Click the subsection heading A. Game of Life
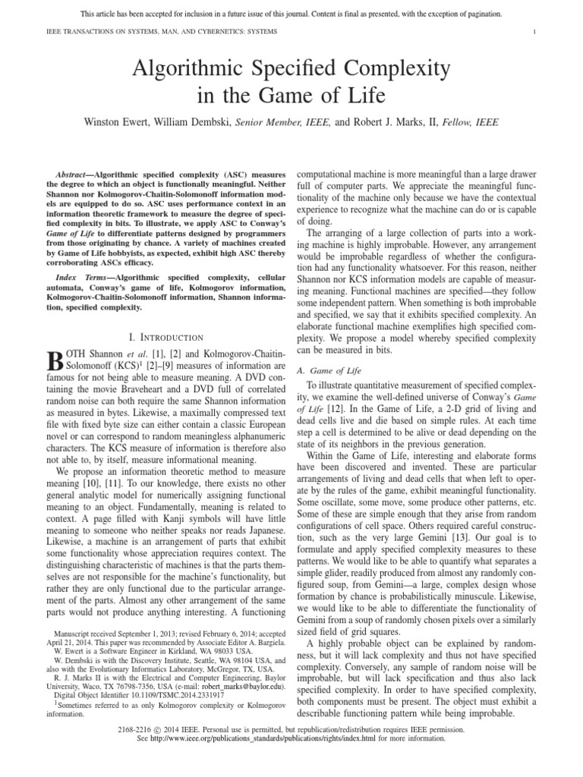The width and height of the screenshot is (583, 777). pyautogui.click(x=331, y=371)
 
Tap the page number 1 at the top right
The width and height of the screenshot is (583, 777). pyautogui.click(x=535, y=30)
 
